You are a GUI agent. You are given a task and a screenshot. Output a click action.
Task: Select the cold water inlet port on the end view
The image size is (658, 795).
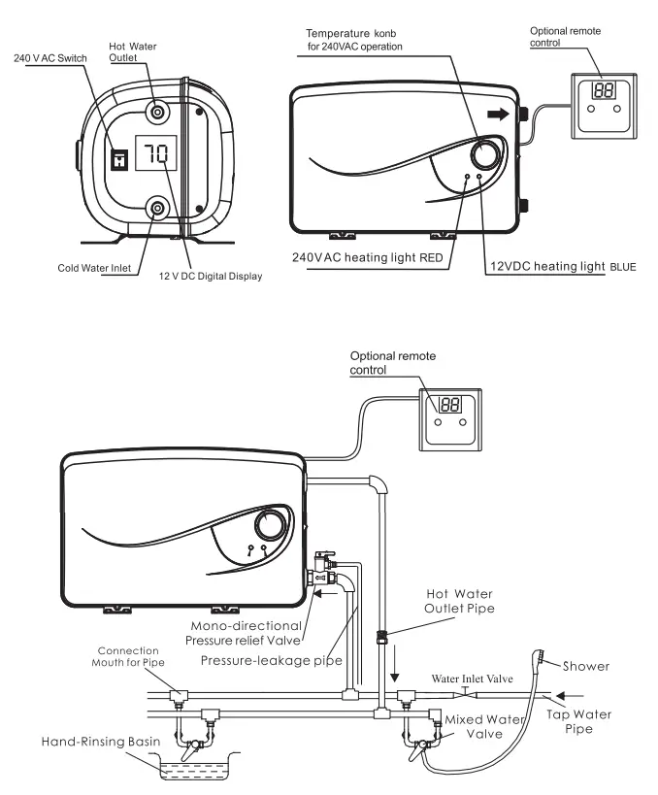(155, 207)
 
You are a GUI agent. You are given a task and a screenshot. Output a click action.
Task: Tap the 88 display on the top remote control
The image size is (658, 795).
(603, 90)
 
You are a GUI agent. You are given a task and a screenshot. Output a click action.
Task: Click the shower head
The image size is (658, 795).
(536, 664)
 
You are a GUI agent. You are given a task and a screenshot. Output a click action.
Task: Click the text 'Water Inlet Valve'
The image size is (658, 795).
(473, 679)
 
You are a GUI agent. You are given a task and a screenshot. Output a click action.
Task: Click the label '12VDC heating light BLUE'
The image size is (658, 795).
(560, 264)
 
